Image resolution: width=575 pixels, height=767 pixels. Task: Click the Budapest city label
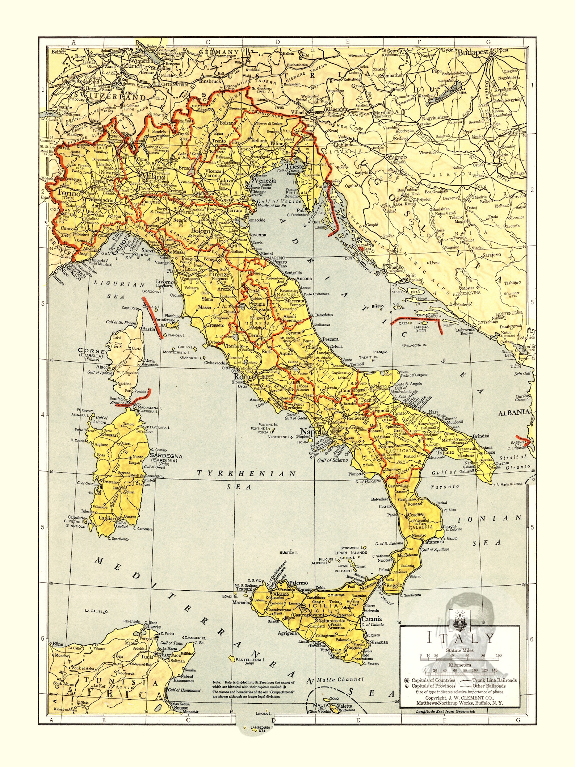coord(473,52)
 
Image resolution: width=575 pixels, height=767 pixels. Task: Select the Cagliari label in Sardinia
coord(107,518)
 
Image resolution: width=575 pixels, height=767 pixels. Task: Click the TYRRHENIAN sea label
coord(246,473)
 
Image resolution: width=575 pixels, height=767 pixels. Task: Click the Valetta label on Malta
coord(344,705)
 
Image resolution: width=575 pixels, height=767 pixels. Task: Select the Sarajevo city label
coord(492,255)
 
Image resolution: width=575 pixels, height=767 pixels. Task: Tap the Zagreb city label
coord(397,157)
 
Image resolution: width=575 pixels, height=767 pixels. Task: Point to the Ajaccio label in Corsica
coord(104,367)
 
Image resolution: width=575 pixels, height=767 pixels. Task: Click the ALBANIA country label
coord(514,412)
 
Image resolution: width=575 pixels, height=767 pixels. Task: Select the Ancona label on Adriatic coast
coord(304,278)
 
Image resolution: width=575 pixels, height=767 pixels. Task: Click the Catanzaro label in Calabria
coord(433,542)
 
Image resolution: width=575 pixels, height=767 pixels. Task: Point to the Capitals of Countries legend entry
coord(433,680)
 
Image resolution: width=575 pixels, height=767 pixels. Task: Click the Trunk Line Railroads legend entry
coord(494,680)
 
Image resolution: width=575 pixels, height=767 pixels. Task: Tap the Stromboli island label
coord(350,548)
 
